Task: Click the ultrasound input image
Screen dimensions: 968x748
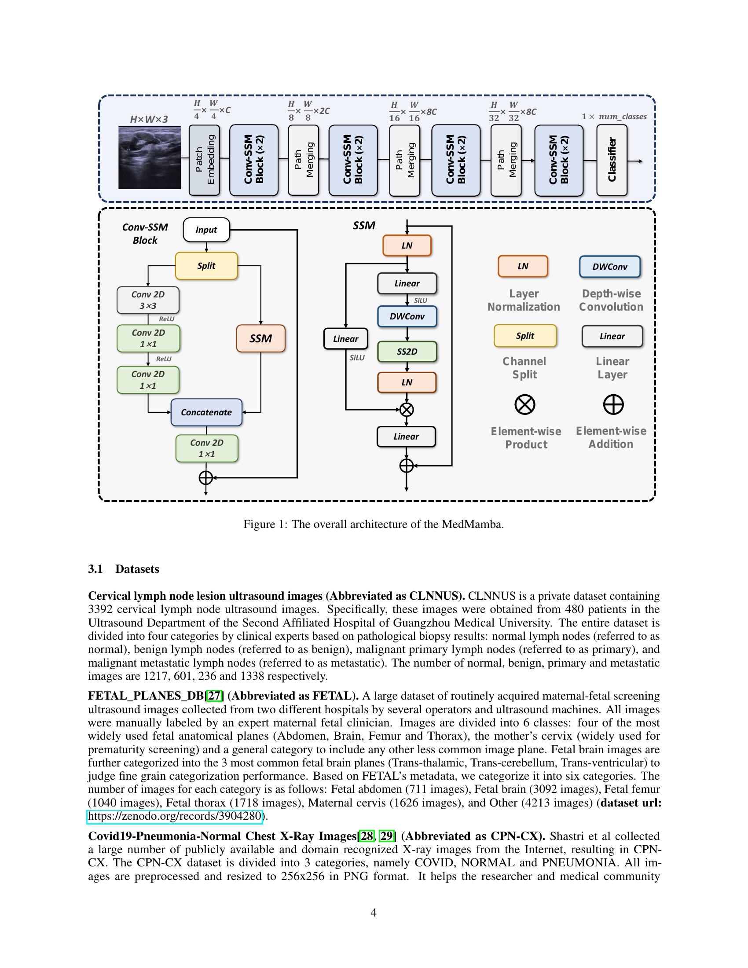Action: pos(149,158)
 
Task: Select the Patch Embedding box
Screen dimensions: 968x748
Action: pos(204,160)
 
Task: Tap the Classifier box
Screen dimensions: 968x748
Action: pos(612,160)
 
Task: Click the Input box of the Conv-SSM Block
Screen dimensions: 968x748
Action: pos(206,230)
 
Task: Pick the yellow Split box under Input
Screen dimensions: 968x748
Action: pos(206,265)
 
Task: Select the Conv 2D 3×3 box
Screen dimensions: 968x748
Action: pos(148,300)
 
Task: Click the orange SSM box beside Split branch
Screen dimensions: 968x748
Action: pos(260,338)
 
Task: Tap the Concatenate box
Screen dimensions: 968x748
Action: pos(206,412)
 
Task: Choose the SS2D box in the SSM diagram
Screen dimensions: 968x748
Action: pos(407,352)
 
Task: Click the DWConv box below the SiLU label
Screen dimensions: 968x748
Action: pos(407,316)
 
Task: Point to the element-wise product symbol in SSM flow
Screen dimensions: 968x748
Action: pos(407,409)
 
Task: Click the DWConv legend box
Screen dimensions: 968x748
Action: pos(610,266)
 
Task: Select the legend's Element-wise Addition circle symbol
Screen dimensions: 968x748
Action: pos(613,404)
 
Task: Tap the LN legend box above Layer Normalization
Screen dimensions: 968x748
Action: pos(523,266)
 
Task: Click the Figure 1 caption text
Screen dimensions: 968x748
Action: pos(374,524)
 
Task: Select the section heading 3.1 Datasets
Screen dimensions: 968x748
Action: pos(124,568)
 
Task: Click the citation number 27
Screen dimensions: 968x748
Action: pos(214,696)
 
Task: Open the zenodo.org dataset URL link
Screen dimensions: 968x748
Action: pos(176,816)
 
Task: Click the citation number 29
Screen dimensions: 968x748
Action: pos(387,836)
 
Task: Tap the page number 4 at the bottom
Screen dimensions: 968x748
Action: pos(374,912)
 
